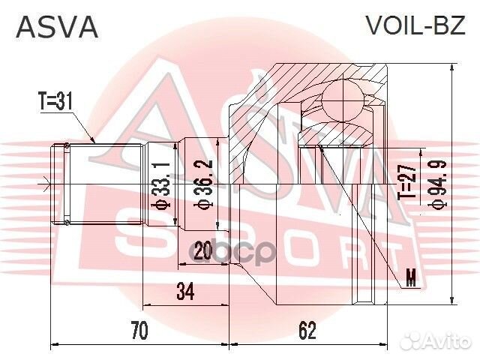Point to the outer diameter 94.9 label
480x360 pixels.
pyautogui.click(x=433, y=184)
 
